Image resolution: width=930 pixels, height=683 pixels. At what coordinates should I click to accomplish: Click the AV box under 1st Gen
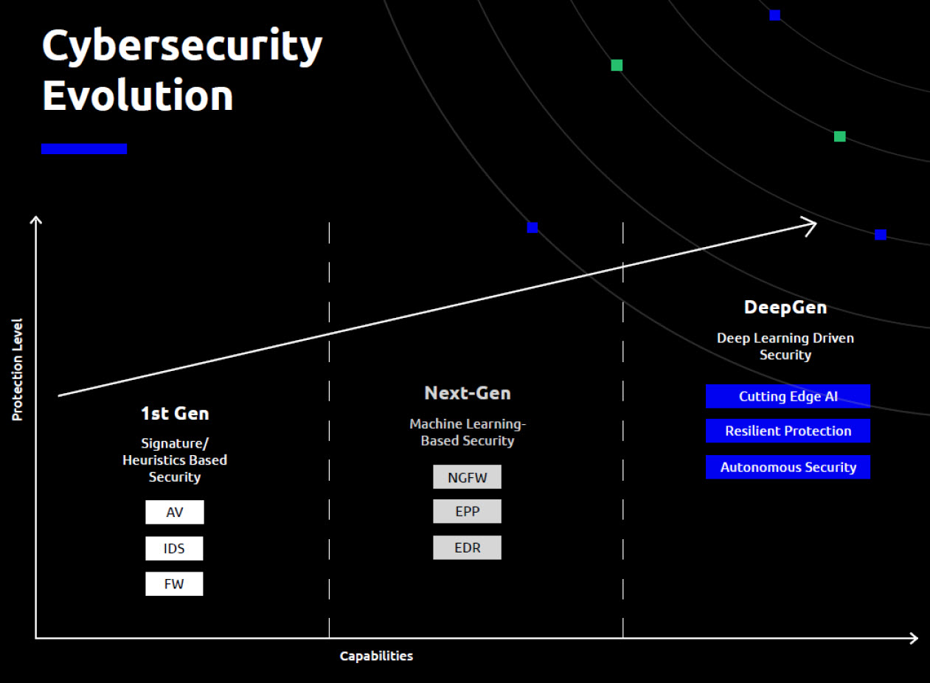[174, 512]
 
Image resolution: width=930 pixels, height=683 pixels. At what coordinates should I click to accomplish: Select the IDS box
[174, 548]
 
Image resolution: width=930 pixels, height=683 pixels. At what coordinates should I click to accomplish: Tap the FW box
[174, 583]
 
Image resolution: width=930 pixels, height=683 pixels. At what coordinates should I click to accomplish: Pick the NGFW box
[467, 476]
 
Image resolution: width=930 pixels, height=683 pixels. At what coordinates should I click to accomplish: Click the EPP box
[467, 511]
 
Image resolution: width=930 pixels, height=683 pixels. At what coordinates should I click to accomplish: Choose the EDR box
[467, 547]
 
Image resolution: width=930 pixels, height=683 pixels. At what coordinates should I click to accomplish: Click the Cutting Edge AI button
[788, 396]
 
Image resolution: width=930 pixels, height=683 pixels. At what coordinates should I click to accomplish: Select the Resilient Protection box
[788, 431]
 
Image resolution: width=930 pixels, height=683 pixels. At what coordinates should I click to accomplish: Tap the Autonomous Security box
[788, 467]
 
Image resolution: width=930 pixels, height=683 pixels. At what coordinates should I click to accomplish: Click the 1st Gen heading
[175, 414]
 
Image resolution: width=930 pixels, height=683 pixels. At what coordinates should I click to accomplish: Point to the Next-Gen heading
[468, 393]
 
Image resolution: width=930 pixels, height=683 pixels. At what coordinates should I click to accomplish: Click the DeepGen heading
[785, 308]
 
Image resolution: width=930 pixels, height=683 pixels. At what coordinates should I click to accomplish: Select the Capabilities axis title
[376, 656]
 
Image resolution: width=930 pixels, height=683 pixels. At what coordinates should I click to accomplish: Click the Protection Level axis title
[17, 370]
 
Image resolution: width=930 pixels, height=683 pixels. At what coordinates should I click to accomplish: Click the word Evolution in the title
[137, 95]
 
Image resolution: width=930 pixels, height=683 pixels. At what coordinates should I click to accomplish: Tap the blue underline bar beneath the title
[84, 149]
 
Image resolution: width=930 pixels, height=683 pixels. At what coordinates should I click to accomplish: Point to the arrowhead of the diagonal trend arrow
[816, 225]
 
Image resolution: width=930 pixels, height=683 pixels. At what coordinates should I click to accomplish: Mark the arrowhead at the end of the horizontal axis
[917, 638]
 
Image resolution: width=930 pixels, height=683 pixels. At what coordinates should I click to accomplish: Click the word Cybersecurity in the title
[182, 46]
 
